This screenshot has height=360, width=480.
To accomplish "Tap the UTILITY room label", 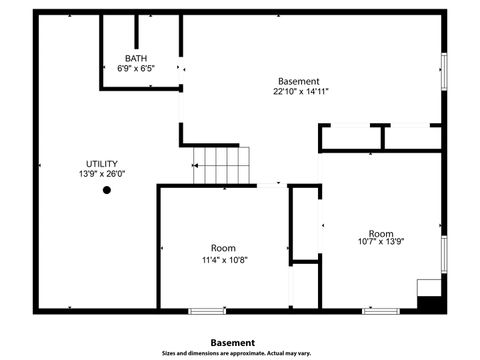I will [102, 163].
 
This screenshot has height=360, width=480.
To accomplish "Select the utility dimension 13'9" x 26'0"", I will [102, 174].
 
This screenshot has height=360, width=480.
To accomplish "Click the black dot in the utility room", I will [107, 190].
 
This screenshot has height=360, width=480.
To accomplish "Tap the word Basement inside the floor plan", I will [299, 81].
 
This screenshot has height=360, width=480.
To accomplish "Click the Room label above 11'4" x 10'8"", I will [223, 248].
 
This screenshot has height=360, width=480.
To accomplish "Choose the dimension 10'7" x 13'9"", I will [381, 241].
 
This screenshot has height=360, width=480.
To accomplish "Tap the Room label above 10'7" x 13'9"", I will [381, 231].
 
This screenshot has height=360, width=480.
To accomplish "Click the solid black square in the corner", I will [430, 303].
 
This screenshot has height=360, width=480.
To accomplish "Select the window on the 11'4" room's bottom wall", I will [204, 311].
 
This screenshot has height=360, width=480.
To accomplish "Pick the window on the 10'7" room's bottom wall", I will [378, 311].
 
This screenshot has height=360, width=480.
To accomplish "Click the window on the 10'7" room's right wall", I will [444, 254].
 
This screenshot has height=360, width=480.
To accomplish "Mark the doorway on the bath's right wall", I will [181, 68].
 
